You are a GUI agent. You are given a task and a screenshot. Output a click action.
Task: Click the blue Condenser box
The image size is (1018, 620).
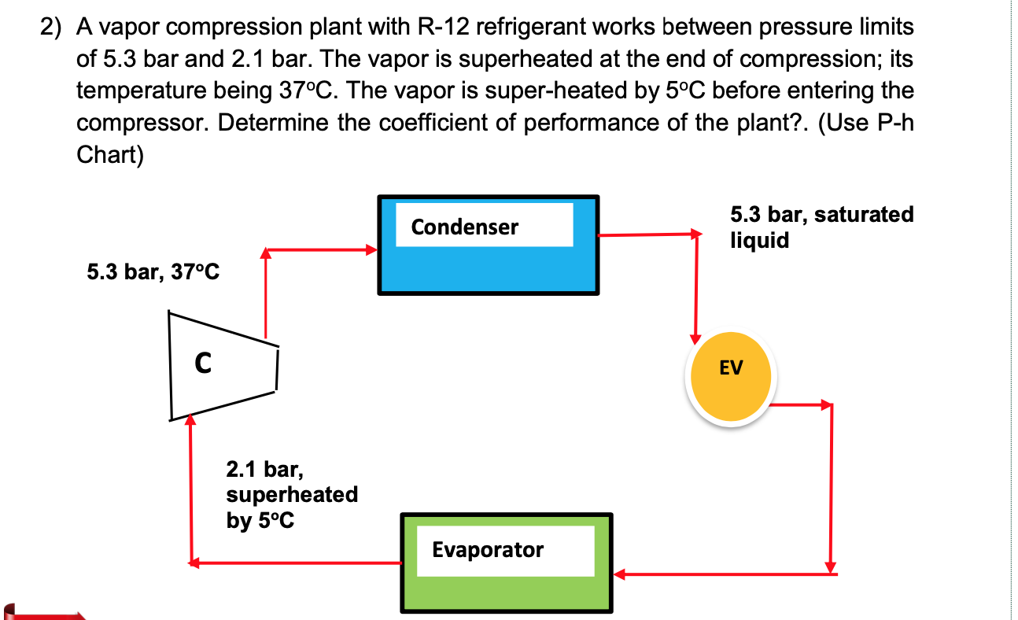[x=488, y=268]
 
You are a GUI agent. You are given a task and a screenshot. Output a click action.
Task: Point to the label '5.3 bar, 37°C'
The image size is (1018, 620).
[x=153, y=273]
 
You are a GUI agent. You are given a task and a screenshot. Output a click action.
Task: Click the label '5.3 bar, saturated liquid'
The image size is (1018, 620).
[x=821, y=227]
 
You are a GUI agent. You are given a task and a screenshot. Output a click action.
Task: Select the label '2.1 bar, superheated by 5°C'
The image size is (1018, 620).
[x=291, y=495]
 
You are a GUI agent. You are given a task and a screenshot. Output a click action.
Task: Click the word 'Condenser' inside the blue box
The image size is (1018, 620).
[x=464, y=227]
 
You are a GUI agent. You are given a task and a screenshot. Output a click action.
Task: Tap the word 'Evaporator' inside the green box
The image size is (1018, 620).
[x=487, y=549]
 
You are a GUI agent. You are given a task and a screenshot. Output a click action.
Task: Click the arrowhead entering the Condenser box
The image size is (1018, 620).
[x=373, y=250]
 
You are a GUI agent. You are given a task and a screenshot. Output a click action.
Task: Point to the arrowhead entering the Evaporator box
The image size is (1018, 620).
[x=619, y=574]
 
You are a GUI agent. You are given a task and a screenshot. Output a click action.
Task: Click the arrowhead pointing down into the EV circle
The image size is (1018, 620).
[x=695, y=338]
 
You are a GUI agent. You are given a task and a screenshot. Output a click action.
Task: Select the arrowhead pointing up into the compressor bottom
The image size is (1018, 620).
[x=190, y=421]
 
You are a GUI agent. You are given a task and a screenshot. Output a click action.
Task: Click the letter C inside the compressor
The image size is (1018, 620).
[x=203, y=364]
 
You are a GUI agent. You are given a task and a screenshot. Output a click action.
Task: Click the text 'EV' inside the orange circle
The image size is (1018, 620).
[x=731, y=367]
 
